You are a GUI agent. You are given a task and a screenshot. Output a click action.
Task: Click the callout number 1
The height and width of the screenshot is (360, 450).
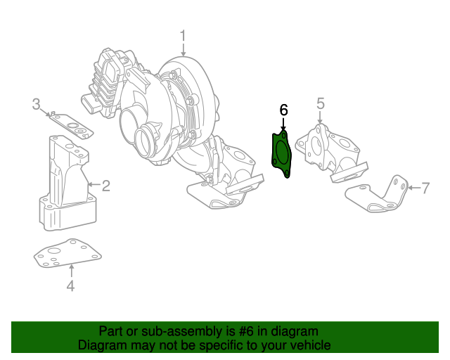[183, 35]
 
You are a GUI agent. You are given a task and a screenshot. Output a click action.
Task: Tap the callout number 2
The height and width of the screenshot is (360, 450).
[105, 186]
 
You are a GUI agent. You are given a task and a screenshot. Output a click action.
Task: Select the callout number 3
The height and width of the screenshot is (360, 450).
[37, 105]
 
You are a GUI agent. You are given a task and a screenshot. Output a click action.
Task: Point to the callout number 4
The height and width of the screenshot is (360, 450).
[70, 285]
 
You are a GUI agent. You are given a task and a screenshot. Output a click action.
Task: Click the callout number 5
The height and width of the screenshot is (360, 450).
[320, 103]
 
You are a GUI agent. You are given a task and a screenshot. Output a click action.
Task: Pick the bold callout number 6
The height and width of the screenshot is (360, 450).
[283, 110]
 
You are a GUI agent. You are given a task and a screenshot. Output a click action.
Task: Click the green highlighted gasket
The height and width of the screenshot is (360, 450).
[283, 153]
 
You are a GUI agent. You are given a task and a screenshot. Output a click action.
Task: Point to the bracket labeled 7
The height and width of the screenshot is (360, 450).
[380, 193]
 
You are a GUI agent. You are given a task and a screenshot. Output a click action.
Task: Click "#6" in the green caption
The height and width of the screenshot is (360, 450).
[247, 331]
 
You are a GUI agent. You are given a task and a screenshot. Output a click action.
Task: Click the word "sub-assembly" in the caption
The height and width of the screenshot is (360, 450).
[171, 331]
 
